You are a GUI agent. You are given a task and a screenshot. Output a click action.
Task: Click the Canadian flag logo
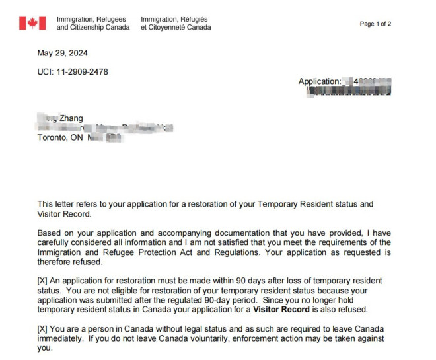pyautogui.click(x=32, y=23)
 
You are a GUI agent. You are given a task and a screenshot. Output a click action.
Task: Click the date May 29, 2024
pyautogui.click(x=62, y=53)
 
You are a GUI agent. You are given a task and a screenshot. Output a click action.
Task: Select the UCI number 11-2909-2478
pyautogui.click(x=81, y=71)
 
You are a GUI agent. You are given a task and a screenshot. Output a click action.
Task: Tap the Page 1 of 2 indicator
pyautogui.click(x=375, y=24)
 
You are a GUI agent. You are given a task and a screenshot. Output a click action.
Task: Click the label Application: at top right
pyautogui.click(x=319, y=82)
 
